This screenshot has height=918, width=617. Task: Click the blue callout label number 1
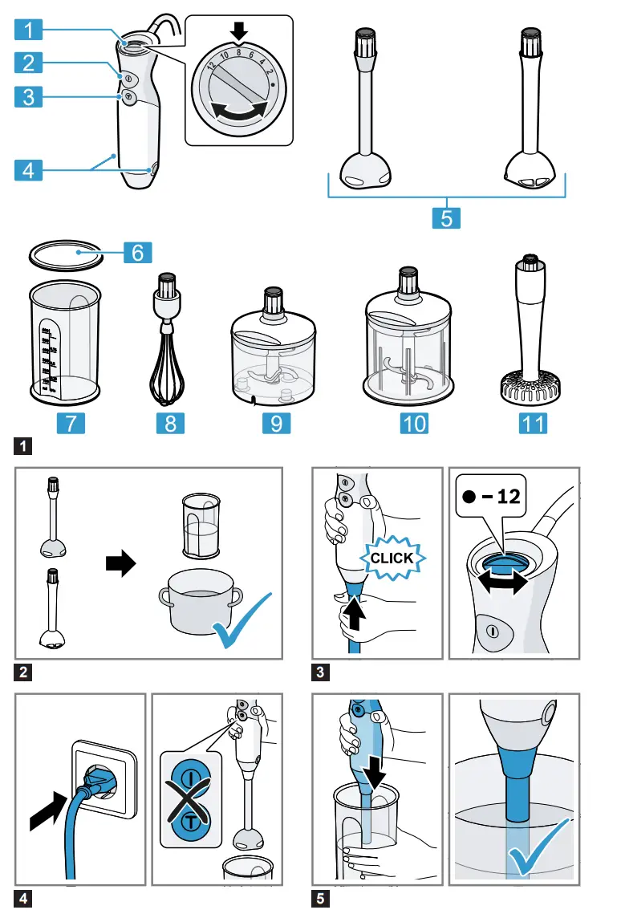tap(28, 30)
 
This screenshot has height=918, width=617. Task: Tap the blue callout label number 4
tap(28, 170)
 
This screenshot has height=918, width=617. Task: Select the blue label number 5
tap(447, 217)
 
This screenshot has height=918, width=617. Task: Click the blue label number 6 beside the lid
tap(137, 252)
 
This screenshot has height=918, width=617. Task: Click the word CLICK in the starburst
tap(393, 558)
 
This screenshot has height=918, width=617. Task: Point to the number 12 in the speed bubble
tap(505, 496)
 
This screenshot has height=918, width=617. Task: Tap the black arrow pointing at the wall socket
tap(47, 806)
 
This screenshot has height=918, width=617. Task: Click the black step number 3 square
tap(319, 673)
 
